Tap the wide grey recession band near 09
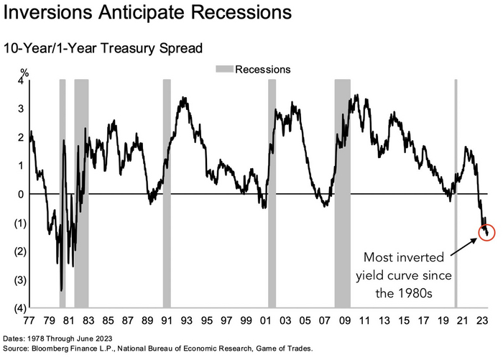click(x=343, y=194)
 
